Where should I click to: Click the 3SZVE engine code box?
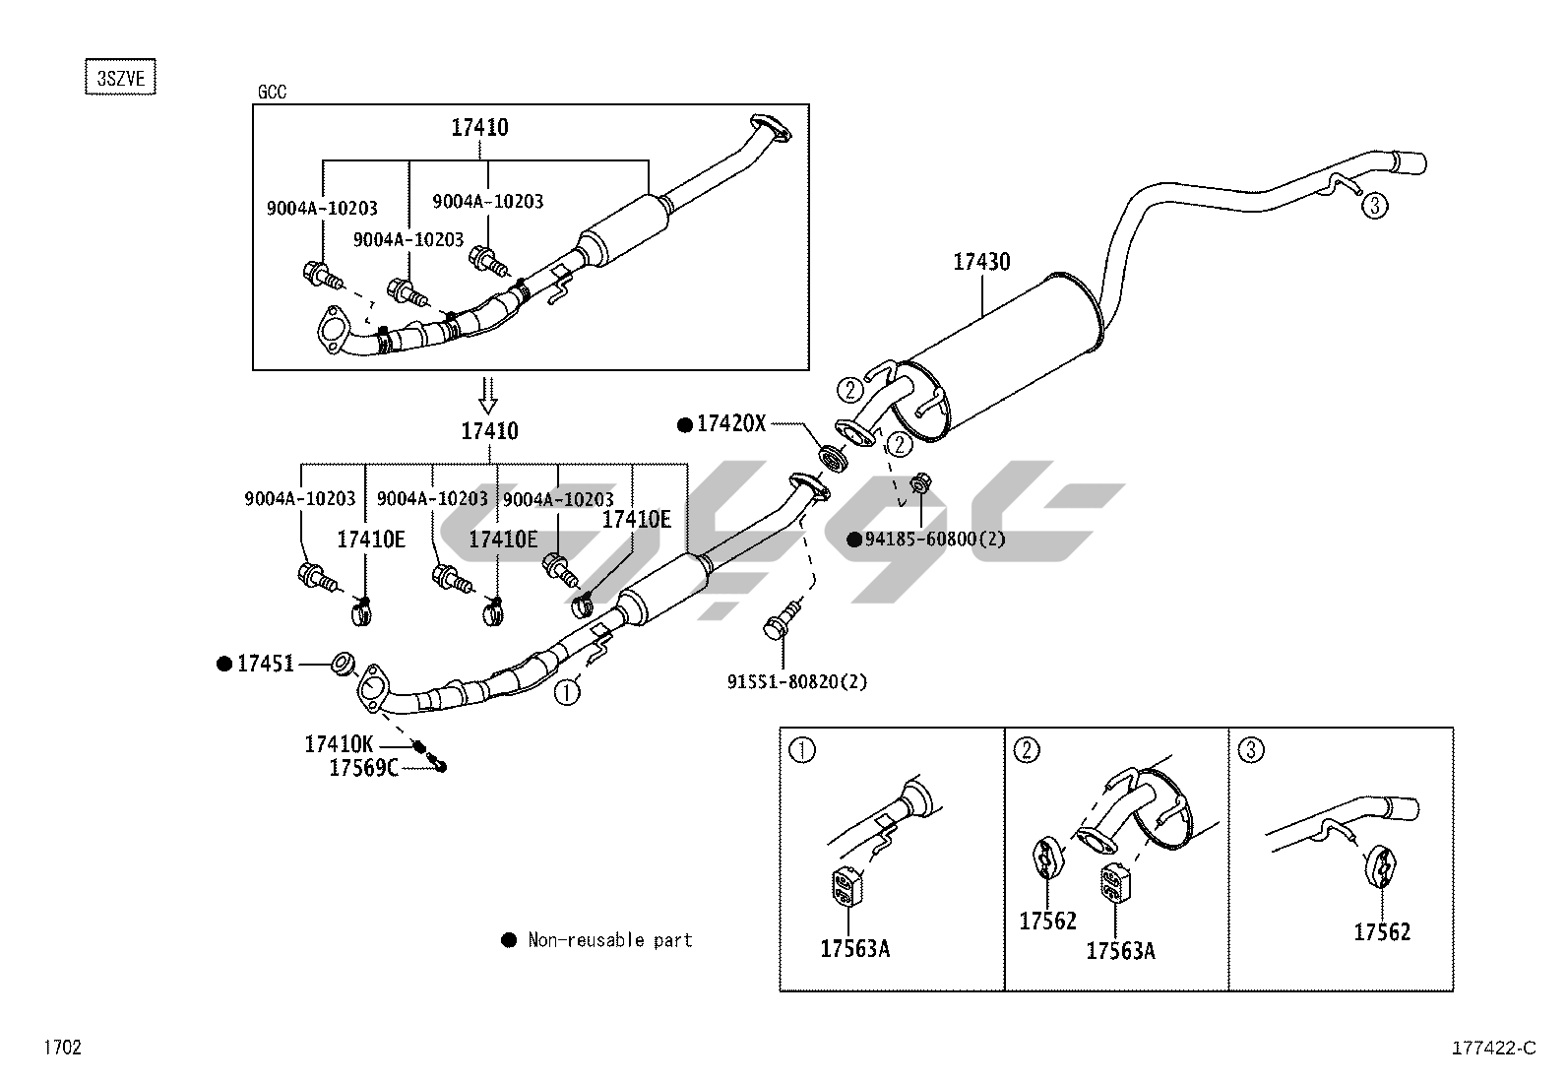(x=121, y=78)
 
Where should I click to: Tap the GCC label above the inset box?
(x=272, y=93)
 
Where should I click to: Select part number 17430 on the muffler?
(x=981, y=262)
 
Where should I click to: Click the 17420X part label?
(x=730, y=424)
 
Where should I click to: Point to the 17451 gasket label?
(x=265, y=665)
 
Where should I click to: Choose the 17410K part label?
(x=339, y=745)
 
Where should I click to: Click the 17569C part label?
(x=363, y=768)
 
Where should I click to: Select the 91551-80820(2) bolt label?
(x=797, y=681)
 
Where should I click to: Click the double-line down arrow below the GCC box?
(x=488, y=394)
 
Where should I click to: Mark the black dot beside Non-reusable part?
(x=509, y=940)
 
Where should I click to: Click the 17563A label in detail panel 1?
(x=854, y=949)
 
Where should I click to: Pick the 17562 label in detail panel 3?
(x=1382, y=932)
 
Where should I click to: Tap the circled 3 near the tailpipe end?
(x=1374, y=206)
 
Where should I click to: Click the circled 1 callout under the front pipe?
(x=566, y=693)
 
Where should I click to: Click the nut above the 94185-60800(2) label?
(x=921, y=483)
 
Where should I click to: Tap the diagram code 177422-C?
(x=1493, y=1049)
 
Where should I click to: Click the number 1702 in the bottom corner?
(x=61, y=1048)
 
